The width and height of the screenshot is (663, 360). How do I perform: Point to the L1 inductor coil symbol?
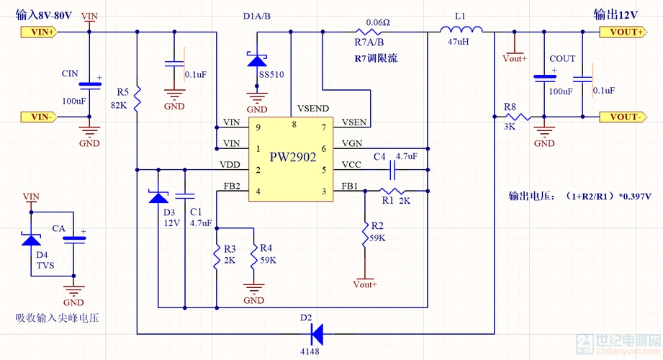click(x=461, y=31)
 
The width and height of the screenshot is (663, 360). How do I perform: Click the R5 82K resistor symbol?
click(x=137, y=94)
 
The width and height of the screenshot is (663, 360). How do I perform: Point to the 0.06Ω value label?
click(x=377, y=22)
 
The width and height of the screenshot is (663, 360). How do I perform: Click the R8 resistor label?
click(x=510, y=107)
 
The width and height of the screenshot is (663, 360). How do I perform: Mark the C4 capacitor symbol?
click(x=393, y=170)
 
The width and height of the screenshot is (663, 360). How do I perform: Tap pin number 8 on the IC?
click(x=294, y=125)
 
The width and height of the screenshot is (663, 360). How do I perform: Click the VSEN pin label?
click(x=353, y=121)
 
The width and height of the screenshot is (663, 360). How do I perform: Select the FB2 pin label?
click(x=232, y=186)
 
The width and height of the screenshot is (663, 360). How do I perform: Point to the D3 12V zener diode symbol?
click(x=157, y=196)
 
